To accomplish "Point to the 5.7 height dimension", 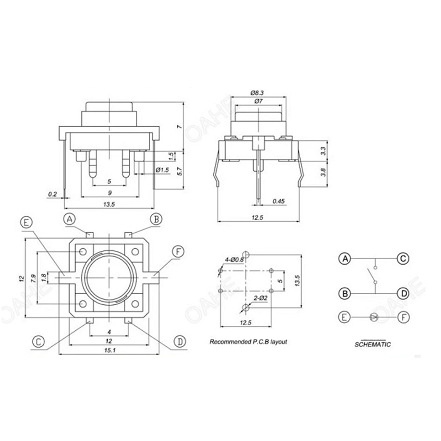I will (179, 172).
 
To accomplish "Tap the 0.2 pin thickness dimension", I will (52, 194).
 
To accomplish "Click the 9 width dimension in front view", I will (110, 193).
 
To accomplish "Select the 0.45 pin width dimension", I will (279, 202).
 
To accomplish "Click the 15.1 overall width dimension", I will (108, 350).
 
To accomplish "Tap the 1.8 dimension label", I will (43, 277).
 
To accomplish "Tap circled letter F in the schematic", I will (402, 316).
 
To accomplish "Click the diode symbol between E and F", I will (374, 316).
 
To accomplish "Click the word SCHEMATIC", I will (373, 344).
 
